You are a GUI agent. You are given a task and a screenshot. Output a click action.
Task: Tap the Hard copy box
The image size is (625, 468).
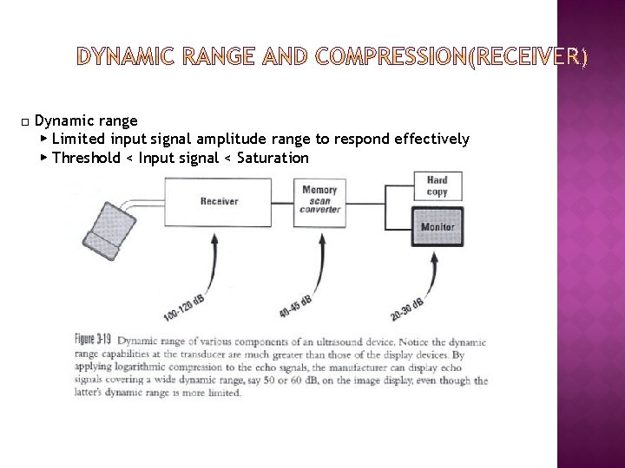(437, 185)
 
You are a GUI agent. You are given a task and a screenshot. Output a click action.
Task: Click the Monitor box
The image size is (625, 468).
(437, 227)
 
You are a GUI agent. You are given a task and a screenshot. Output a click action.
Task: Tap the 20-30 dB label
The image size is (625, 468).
(405, 308)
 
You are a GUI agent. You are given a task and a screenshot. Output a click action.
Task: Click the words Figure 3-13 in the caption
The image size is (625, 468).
(95, 339)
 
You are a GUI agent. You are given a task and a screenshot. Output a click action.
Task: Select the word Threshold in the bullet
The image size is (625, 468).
(85, 158)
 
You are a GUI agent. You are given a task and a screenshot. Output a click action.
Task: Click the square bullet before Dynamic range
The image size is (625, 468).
(27, 120)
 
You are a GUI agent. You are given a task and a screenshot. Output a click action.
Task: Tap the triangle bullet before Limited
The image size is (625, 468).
(44, 139)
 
